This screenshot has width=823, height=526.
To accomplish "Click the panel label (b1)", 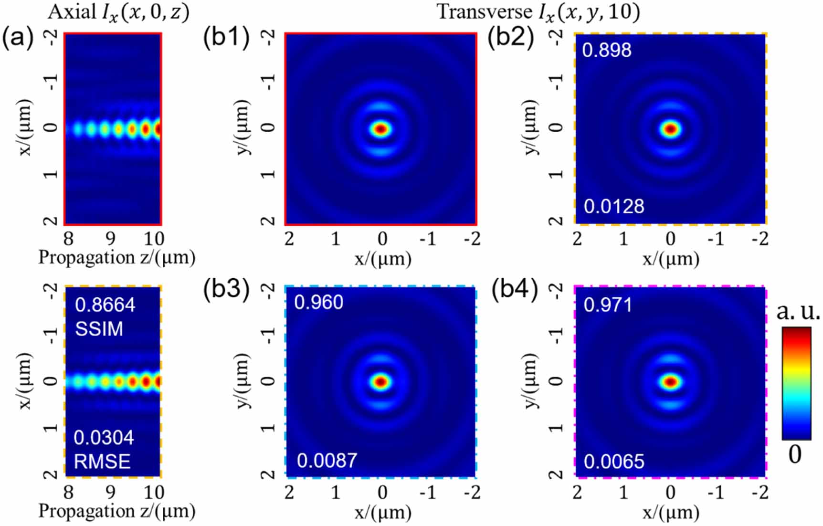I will [x=226, y=38].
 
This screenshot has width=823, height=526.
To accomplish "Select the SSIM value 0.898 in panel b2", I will [x=607, y=50].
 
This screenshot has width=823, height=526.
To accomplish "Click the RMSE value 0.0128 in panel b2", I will [x=614, y=207].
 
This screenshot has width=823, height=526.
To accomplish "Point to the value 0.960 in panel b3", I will [x=318, y=303].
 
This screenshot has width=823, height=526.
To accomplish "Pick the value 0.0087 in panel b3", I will [x=327, y=461].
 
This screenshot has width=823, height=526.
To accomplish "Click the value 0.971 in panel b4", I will [x=608, y=305].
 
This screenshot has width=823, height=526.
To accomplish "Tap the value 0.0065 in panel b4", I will [x=614, y=462].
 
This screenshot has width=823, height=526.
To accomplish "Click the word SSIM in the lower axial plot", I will [x=99, y=329].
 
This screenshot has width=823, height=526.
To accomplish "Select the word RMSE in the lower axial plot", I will [x=102, y=462].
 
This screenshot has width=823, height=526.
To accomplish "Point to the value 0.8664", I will [x=105, y=305].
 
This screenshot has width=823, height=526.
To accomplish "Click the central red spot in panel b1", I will [x=381, y=129].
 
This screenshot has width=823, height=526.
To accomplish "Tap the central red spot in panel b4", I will [x=671, y=382].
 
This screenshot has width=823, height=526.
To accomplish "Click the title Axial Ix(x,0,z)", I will [x=118, y=12].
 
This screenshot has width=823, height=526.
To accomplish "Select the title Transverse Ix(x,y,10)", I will [x=538, y=12].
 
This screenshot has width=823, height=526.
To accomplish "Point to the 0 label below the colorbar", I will [x=795, y=454].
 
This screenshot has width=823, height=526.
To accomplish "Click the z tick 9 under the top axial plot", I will [x=110, y=238].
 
